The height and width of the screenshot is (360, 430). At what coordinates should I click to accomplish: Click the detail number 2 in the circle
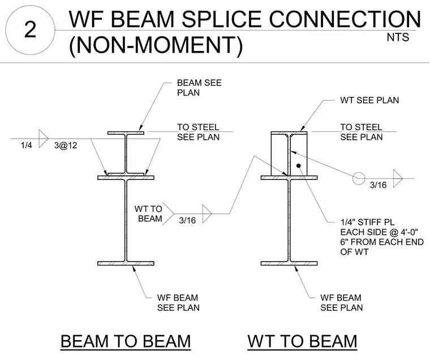pos(30,29)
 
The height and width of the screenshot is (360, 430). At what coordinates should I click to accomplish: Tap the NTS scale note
pos(398,37)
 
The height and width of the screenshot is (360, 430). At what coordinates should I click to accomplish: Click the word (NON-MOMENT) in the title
pos(156,45)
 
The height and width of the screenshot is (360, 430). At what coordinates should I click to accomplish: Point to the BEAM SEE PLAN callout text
pos(199,88)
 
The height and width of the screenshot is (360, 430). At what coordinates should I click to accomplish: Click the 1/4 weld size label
pos(27,145)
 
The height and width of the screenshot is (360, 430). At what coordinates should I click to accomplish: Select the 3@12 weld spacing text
pos(66,145)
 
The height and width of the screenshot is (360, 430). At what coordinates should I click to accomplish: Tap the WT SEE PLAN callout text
pos(369,100)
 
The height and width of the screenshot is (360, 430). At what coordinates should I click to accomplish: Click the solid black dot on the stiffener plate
pos(299,166)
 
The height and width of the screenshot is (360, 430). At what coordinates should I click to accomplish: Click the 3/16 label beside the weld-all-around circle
pos(378,185)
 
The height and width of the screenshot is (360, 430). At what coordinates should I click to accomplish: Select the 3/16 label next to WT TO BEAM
pos(187,220)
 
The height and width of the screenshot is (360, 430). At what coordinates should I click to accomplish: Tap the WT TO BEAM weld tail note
pos(148,214)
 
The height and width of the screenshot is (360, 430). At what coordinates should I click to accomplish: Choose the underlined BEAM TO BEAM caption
pos(126,341)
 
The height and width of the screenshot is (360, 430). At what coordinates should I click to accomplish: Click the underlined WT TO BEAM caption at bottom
pos(302,341)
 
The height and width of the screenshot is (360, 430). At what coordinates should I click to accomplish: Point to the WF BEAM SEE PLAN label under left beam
pos(178,303)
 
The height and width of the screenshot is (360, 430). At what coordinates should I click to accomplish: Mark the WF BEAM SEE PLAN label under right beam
pos(341,303)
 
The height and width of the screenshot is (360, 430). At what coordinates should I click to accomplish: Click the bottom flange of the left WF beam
pos(126,263)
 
